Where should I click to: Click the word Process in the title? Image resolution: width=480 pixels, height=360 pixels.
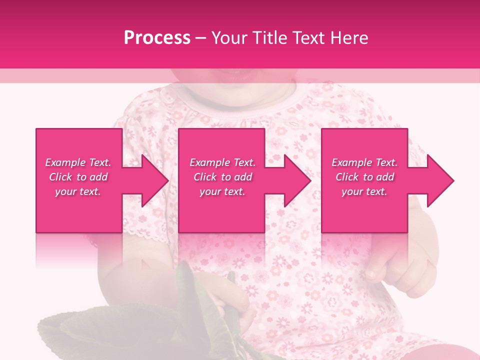click(157, 38)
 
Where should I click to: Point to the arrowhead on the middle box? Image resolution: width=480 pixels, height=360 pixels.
click(294, 180)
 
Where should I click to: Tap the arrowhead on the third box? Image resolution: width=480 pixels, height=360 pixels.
click(436, 180)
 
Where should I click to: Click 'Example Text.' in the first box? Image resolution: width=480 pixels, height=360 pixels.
click(78, 162)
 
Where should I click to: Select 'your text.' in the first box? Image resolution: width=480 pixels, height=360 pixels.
click(78, 191)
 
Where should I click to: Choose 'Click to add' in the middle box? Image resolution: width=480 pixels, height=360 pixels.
click(222, 177)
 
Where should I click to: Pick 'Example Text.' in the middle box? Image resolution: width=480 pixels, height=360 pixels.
click(222, 162)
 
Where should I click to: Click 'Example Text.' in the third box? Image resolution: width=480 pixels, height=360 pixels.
click(364, 162)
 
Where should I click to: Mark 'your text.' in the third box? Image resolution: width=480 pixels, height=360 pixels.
click(364, 191)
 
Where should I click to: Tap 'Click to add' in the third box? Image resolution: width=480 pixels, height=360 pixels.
click(364, 177)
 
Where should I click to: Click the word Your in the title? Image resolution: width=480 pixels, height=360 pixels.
click(228, 38)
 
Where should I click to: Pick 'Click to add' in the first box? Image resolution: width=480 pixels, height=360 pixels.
click(78, 177)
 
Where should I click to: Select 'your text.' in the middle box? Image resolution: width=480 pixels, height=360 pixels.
click(222, 191)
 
